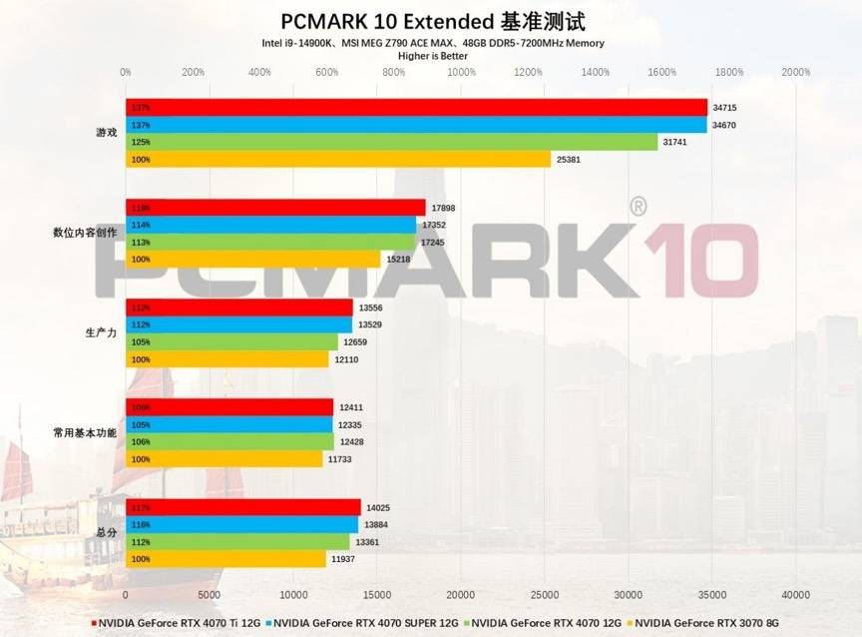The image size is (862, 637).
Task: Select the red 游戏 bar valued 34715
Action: click(x=416, y=108)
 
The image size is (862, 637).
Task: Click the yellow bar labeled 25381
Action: click(x=338, y=160)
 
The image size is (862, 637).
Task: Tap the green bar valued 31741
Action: click(x=391, y=143)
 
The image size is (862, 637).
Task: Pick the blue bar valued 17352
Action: click(x=270, y=226)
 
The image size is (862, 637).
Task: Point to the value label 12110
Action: click(x=346, y=359)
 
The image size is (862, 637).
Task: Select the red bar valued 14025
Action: click(x=243, y=507)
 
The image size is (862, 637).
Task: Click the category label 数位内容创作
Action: click(x=85, y=233)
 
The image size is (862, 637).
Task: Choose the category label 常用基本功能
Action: click(x=85, y=433)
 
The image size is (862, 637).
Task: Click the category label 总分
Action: click(x=106, y=533)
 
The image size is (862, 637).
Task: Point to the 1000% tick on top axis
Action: click(x=460, y=72)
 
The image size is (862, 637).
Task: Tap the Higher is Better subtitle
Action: click(x=432, y=56)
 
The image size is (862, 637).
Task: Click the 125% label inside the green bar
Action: click(x=140, y=143)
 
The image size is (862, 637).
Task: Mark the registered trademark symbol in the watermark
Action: click(x=638, y=206)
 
